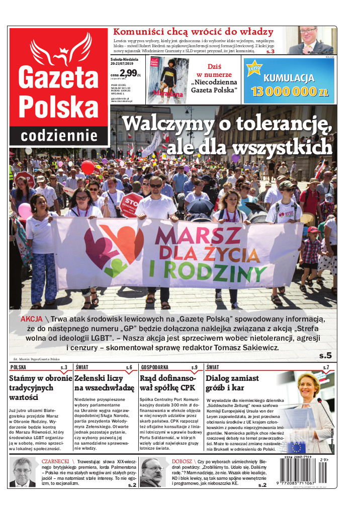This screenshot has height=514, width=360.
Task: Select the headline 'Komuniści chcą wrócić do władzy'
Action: pos(193,32)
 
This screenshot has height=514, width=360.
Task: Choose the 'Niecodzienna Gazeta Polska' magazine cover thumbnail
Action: pos(168,80)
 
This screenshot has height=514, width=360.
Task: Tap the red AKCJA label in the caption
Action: pos(31,319)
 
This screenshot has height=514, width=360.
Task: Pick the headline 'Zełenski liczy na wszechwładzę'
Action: pos(104,382)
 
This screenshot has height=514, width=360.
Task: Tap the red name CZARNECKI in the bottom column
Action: pos(56,461)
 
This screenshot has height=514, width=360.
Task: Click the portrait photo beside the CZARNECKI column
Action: pos(23,472)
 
